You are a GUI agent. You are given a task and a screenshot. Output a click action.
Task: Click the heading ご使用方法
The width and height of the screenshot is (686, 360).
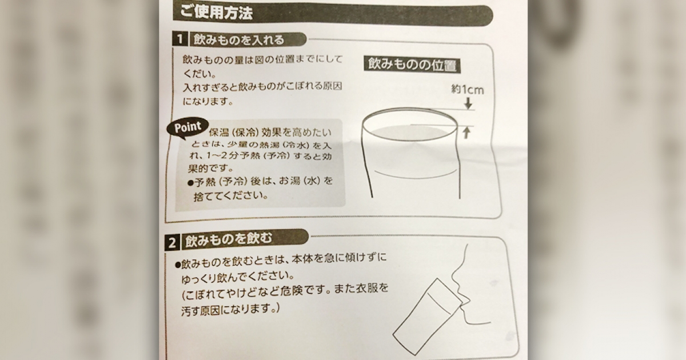216,13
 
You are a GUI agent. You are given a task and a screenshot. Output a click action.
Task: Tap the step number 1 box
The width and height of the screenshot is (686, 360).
180,39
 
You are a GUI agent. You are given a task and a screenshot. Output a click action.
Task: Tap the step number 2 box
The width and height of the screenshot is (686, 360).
172,242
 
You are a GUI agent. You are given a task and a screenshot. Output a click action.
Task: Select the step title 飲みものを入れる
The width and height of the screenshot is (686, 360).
239,40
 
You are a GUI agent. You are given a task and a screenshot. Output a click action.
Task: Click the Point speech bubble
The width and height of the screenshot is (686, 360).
188,127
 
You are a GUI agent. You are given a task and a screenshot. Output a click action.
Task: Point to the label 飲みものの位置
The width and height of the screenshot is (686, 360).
412,65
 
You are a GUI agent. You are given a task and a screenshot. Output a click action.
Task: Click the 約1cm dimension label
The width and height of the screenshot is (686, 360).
468,90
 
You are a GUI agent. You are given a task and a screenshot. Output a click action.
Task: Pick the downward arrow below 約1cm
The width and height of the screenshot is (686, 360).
468,103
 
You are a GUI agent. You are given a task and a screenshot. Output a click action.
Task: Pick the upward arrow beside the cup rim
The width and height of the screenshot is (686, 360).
466,133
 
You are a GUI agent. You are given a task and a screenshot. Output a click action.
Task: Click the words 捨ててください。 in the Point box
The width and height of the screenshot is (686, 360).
231,195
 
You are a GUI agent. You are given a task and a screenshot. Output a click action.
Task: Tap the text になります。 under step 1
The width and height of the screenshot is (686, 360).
208,101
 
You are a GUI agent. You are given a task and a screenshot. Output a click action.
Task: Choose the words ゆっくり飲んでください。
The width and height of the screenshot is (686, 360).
238,277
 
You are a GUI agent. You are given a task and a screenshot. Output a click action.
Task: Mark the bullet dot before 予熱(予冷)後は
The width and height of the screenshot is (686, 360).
190,183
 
